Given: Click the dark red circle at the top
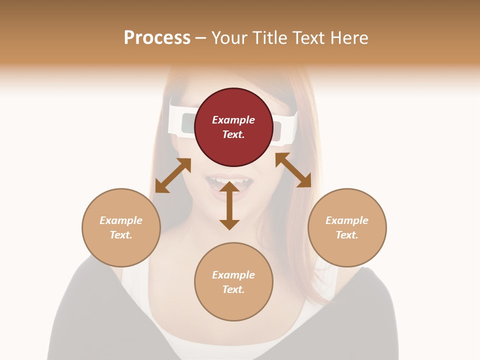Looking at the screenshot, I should point(233,127).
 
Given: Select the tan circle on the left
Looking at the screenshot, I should point(121,227).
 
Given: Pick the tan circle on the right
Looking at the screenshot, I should point(347,227).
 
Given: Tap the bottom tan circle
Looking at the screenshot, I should point(233,282).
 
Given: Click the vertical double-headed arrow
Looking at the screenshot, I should point(229,206).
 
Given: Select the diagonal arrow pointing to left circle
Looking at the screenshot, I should point(173,175).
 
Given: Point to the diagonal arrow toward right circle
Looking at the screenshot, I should point(293,170).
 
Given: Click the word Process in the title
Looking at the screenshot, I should point(157,38).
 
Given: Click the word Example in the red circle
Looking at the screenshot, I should point(233,120).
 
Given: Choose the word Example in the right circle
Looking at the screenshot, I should point(347,220).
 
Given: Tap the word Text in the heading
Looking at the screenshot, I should point(307,38).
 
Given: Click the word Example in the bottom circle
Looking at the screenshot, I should point(233,275).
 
